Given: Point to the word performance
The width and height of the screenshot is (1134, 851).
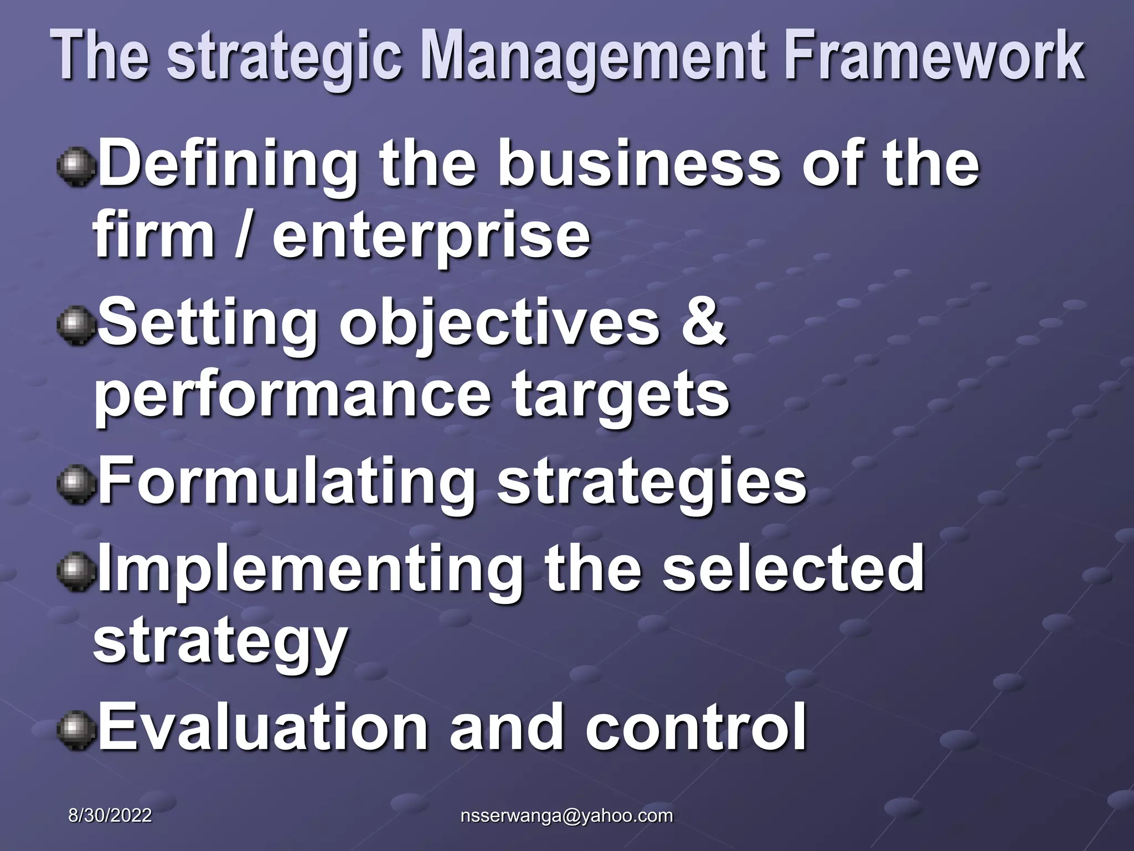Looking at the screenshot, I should pyautogui.click(x=292, y=396).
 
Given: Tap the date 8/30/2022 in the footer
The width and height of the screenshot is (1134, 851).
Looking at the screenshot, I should pyautogui.click(x=110, y=816).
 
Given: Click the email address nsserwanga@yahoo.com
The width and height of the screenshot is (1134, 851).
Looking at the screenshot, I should pyautogui.click(x=566, y=816).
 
